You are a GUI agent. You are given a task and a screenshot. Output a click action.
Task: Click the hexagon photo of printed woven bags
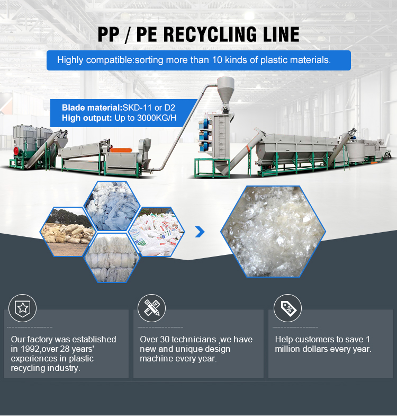tap(157, 232)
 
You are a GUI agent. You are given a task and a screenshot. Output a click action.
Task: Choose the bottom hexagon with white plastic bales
tap(113, 258)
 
